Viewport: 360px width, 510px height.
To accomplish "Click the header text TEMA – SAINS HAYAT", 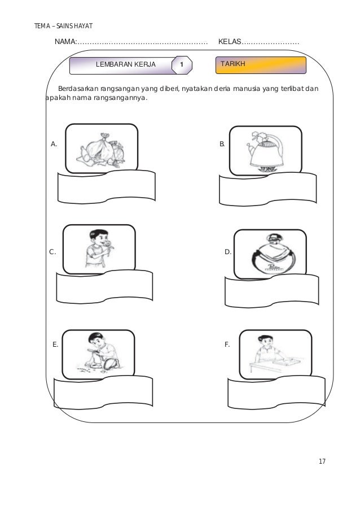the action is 63,26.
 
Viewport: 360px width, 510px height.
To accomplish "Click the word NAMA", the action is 65,42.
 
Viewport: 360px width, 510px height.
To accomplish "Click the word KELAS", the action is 230,42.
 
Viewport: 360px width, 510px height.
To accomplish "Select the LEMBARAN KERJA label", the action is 126,64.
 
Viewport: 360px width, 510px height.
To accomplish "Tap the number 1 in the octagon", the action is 182,64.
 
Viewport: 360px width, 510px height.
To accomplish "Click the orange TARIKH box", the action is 261,65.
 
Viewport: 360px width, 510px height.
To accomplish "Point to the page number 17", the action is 322,461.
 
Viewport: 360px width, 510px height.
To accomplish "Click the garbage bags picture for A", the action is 102,151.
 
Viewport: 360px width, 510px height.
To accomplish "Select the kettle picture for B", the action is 265,151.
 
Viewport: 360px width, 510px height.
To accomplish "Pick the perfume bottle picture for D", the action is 270,254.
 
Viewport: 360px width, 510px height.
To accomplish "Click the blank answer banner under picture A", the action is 106,188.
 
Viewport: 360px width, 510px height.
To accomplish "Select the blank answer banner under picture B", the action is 267,190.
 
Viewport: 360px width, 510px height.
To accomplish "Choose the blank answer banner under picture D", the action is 271,292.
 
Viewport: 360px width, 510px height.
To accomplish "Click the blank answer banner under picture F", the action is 276,393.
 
